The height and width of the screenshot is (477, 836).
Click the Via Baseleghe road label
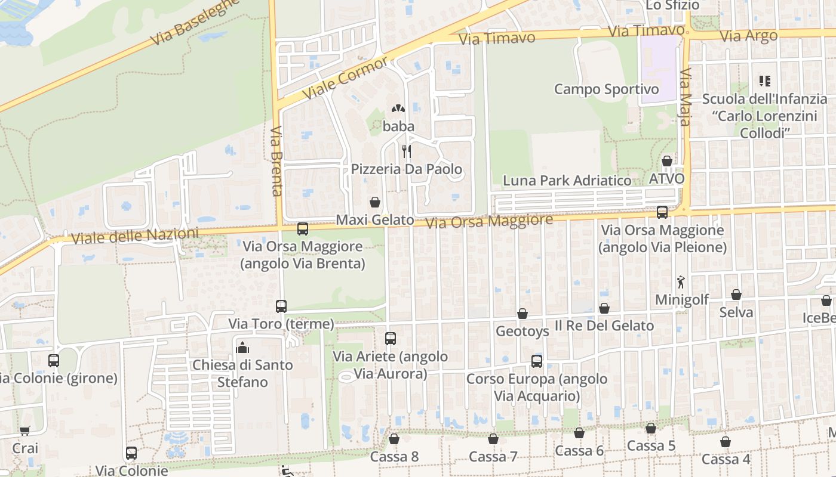pyautogui.click(x=195, y=22)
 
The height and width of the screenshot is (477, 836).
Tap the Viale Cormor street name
pyautogui.click(x=345, y=79)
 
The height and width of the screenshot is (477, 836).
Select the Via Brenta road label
pyautogui.click(x=276, y=161)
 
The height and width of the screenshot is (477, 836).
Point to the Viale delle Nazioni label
pyautogui.click(x=134, y=236)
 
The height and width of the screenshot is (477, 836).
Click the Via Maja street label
pyautogui.click(x=685, y=97)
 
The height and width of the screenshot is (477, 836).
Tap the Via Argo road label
pyautogui.click(x=748, y=36)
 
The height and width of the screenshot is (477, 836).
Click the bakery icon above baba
pyautogui.click(x=398, y=109)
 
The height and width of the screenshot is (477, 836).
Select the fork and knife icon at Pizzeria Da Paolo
pyautogui.click(x=406, y=151)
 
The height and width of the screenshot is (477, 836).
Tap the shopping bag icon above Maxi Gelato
pyautogui.click(x=375, y=203)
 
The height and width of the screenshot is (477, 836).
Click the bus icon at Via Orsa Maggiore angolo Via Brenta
pyautogui.click(x=303, y=229)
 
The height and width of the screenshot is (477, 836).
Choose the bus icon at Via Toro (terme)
pyautogui.click(x=281, y=306)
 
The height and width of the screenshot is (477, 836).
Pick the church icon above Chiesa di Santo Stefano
pyautogui.click(x=242, y=347)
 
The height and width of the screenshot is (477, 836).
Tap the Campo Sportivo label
pyautogui.click(x=606, y=89)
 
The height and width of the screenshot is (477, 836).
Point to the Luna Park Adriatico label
pyautogui.click(x=567, y=181)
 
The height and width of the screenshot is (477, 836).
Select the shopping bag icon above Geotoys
pyautogui.click(x=522, y=314)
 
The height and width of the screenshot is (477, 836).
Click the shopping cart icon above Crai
pyautogui.click(x=24, y=430)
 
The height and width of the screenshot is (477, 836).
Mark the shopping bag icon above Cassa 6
pyautogui.click(x=579, y=433)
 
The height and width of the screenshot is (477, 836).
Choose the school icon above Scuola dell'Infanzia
pyautogui.click(x=764, y=80)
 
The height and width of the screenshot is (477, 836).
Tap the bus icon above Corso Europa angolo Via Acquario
pyautogui.click(x=537, y=361)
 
